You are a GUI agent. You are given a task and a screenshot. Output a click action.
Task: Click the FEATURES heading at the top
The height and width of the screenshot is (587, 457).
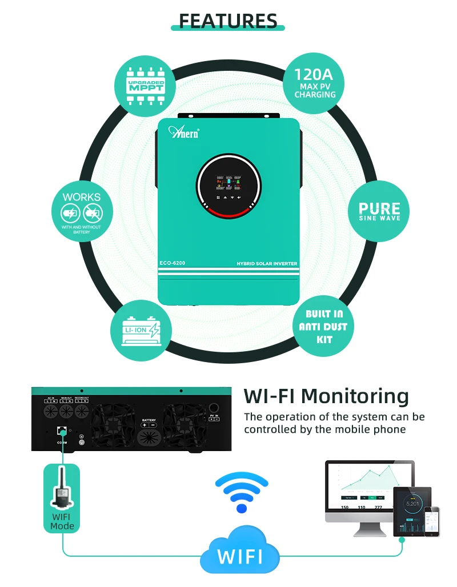[228, 21]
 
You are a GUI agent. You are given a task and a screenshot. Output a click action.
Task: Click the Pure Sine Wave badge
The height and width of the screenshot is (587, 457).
[379, 210]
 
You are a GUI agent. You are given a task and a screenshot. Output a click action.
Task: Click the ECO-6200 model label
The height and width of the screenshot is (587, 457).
[172, 263]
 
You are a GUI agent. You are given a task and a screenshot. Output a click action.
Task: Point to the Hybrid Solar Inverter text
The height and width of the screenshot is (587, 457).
[267, 264]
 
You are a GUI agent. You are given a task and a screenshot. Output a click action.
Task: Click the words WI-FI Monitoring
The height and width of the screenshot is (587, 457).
[326, 396]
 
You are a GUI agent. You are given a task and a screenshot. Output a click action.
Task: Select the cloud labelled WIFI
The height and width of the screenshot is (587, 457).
[240, 553]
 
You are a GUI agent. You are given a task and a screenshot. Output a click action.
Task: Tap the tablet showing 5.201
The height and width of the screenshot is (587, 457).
[412, 510]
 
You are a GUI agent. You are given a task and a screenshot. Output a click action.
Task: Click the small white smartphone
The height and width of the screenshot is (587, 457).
[436, 520]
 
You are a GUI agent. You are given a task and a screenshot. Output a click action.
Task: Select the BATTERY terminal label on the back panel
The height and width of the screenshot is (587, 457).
[149, 420]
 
